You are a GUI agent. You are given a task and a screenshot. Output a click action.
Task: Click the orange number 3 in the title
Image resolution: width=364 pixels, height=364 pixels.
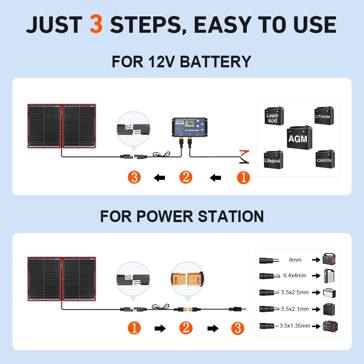96,25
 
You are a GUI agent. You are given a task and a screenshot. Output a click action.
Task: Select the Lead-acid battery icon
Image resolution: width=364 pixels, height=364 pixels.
274,116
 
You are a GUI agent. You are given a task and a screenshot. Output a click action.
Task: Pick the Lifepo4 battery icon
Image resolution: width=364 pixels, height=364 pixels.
273,159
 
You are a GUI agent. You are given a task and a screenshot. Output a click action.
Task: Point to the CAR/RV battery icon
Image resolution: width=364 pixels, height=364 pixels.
325,159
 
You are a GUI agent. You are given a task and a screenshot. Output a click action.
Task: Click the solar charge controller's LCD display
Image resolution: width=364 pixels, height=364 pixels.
188,124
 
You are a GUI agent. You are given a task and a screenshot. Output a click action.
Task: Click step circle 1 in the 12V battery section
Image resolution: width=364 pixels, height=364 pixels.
244,178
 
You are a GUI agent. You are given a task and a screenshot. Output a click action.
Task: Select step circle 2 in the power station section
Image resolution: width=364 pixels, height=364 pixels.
186,328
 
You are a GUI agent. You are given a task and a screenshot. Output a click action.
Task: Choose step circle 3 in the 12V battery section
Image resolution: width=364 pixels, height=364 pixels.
135,178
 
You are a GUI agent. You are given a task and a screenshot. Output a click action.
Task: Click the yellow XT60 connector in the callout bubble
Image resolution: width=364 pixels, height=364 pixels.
187,278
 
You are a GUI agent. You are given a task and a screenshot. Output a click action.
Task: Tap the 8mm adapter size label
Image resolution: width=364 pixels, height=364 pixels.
295,260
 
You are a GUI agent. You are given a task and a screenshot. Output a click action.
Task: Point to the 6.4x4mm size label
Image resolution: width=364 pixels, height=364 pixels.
295,276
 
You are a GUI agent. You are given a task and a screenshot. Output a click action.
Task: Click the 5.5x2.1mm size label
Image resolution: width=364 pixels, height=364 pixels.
295,309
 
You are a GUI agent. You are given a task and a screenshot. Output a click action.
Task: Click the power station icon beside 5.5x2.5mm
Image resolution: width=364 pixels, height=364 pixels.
329,292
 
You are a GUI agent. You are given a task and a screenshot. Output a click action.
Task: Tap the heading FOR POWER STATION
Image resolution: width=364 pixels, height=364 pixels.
182,216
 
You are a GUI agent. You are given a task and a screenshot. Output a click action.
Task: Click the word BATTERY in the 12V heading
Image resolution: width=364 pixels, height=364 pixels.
215,62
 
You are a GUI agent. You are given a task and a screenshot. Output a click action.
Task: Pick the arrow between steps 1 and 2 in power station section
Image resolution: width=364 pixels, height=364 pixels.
160,329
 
